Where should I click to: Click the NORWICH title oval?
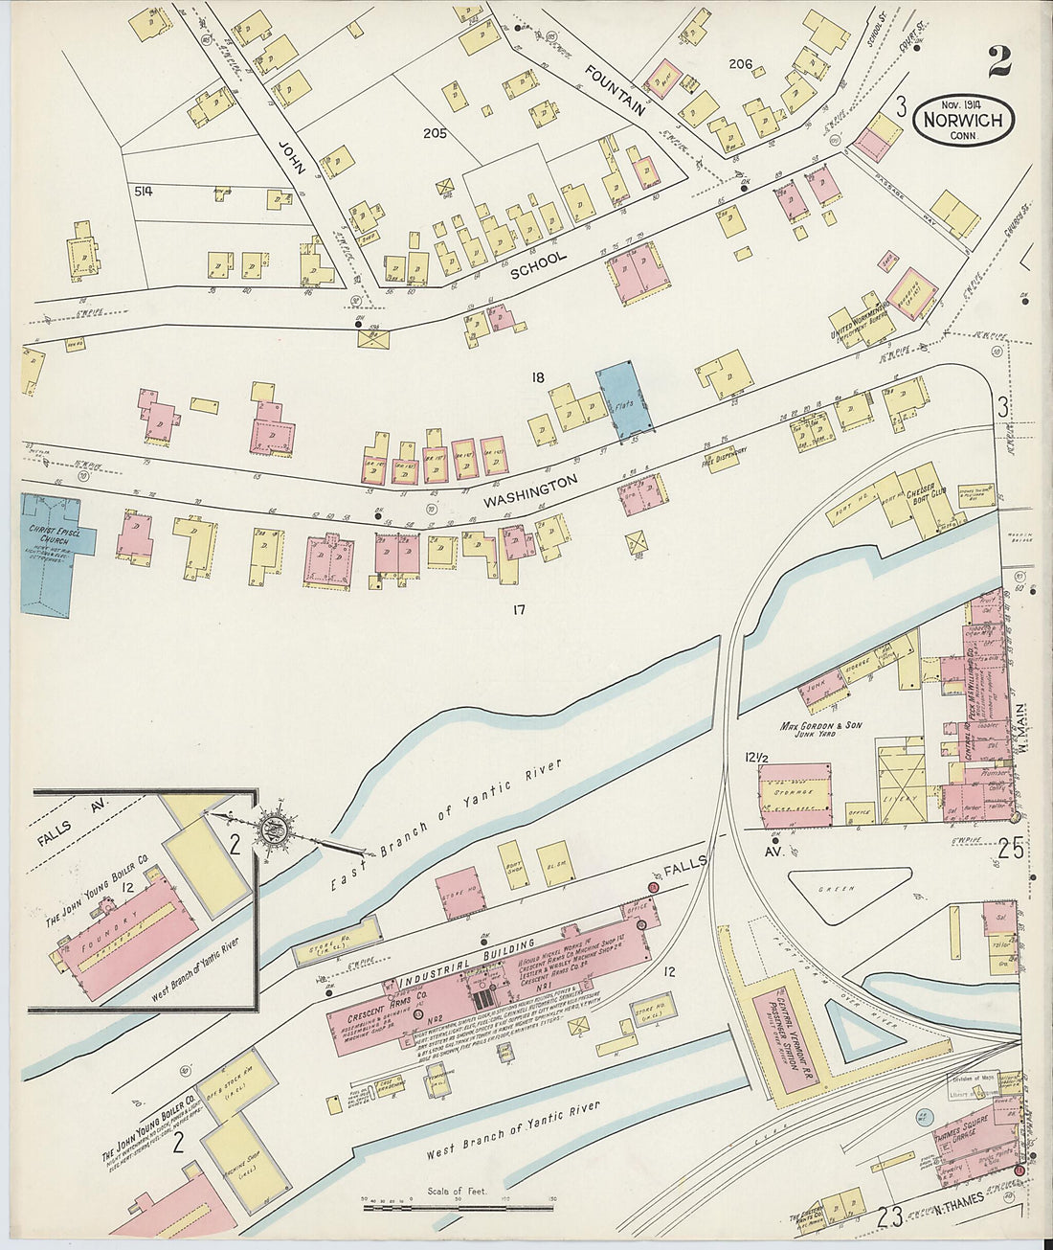(x=964, y=120)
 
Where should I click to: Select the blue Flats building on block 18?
(x=627, y=395)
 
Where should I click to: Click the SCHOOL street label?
(x=539, y=264)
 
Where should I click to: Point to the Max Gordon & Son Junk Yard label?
(x=820, y=731)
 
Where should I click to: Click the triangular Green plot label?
(x=836, y=889)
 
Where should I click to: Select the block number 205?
(x=436, y=133)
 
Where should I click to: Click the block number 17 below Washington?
(x=520, y=609)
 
